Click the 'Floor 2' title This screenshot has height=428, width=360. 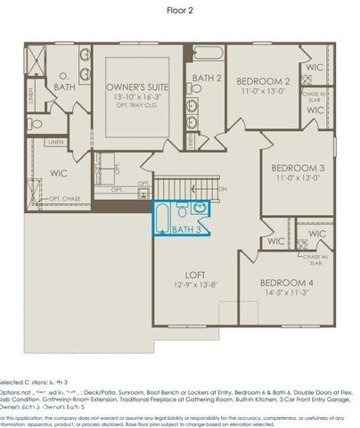click(x=180, y=11)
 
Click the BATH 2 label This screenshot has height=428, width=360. click(x=206, y=78)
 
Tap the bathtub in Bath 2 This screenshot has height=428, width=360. click(x=206, y=53)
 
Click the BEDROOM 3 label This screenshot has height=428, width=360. click(x=298, y=168)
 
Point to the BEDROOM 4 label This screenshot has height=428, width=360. click(x=286, y=282)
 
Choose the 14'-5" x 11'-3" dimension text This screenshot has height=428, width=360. click(x=286, y=293)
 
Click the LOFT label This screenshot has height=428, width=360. click(x=194, y=275)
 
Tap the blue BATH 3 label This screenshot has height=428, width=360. click(x=185, y=230)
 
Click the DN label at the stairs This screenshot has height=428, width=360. click(x=223, y=189)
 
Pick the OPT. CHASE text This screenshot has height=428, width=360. click(x=65, y=198)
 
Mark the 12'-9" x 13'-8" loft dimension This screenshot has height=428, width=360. click(x=194, y=286)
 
